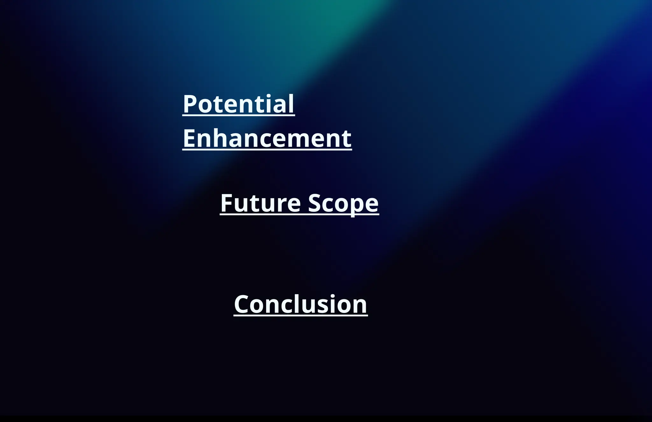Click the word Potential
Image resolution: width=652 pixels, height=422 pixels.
(x=238, y=104)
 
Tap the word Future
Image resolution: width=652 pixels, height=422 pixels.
(x=260, y=203)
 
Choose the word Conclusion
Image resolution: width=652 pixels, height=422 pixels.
(x=301, y=304)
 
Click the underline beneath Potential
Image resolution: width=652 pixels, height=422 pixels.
(x=238, y=115)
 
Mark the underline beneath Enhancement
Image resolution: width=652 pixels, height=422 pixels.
(x=267, y=149)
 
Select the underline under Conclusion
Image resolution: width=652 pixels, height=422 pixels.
(x=301, y=315)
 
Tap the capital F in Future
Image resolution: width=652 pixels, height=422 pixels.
(x=227, y=203)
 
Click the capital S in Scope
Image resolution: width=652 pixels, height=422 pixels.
(x=315, y=203)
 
